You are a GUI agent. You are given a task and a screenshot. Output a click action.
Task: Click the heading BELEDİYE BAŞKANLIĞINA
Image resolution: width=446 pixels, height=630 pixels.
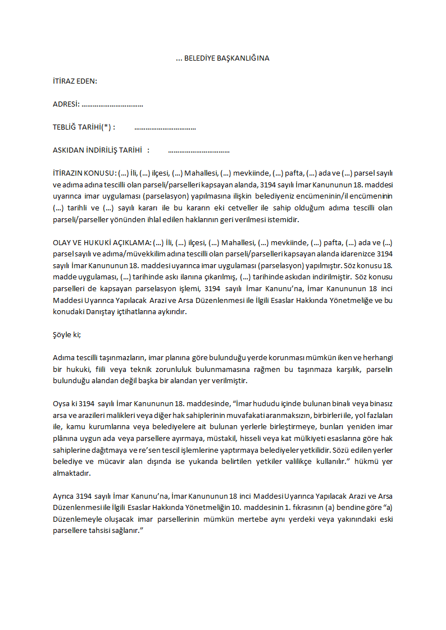click(226, 58)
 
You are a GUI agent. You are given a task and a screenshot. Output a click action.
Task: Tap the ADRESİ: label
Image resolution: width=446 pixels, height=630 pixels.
click(66, 104)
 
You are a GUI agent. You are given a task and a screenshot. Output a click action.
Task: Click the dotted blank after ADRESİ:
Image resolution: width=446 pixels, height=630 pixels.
click(112, 105)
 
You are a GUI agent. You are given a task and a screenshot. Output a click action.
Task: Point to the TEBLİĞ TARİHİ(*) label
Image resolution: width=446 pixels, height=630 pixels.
click(83, 127)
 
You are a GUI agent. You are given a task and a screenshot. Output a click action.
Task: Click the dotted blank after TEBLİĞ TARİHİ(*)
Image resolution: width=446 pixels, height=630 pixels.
click(165, 128)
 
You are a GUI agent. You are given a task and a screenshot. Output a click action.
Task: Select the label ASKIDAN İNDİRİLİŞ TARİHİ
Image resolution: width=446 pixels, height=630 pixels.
click(97, 150)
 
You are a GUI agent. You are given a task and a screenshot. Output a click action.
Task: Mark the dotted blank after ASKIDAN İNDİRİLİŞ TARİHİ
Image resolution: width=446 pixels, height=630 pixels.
click(199, 151)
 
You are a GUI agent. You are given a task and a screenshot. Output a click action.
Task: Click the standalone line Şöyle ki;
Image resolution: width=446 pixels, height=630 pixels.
click(67, 334)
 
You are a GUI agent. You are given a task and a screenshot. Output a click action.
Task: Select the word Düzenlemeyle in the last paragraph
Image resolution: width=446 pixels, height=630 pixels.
click(75, 519)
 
